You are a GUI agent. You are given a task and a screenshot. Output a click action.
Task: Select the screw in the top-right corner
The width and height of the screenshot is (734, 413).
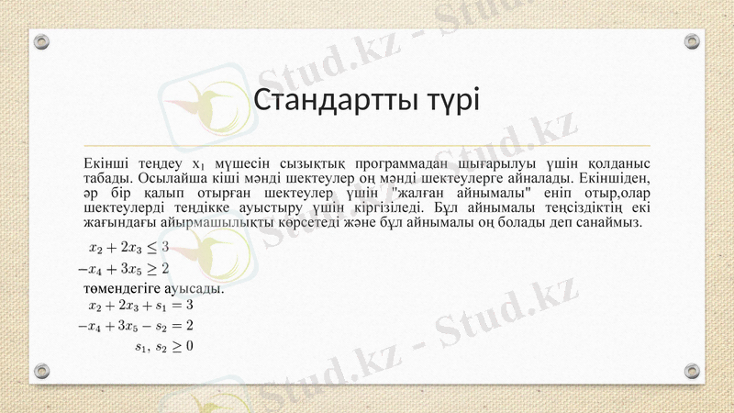[692, 40]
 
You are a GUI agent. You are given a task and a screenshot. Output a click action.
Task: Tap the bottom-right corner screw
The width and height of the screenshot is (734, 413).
[692, 371]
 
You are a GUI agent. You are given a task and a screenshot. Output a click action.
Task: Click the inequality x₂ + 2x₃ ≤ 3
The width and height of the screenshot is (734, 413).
[128, 247]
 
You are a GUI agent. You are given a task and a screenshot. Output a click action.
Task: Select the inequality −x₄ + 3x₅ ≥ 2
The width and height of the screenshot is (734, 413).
[123, 269]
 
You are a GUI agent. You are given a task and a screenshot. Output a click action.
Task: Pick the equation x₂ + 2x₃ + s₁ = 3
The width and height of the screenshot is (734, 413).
[140, 305]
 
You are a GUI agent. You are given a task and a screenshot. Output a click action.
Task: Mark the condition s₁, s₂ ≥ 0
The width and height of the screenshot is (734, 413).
[163, 347]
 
